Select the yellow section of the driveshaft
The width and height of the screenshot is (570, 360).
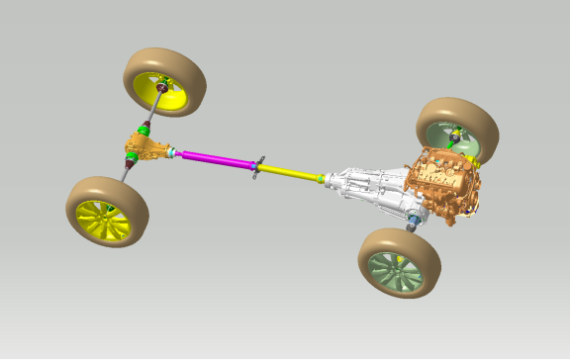point(292,173)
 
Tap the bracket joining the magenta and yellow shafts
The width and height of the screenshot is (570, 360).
point(258,167)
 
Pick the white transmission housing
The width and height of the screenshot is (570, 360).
point(371,189)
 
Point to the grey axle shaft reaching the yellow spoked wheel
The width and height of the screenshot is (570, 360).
point(126,176)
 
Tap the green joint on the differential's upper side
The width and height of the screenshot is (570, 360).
point(146,130)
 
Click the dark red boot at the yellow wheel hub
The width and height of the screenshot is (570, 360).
point(162,96)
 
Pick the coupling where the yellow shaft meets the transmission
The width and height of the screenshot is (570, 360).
point(321,179)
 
